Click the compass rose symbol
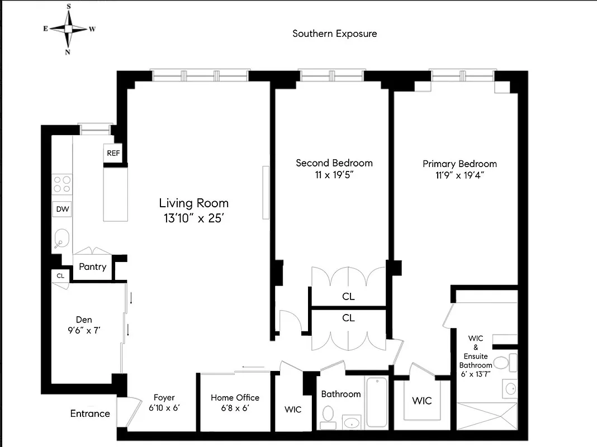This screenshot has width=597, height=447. coord(69,29)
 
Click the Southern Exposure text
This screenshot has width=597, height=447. coord(335,34)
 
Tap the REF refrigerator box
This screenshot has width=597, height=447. coord(113,153)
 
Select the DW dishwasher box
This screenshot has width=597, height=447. coord(61,210)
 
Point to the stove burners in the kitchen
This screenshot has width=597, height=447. coord(62,184)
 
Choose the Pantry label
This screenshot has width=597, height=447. coord(92,267)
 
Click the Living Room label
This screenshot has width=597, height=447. coord(193,211)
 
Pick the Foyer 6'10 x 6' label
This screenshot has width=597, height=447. coord(164,403)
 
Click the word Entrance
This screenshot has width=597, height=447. coord(90,414)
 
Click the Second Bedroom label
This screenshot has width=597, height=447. coord(334,168)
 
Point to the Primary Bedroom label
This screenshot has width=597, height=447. coord(459,169)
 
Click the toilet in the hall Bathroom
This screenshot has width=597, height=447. coord(328,415)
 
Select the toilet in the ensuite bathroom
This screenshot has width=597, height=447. coord(502,364)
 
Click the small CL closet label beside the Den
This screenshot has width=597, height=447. coord(60,275)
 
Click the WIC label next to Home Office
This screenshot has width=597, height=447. coord(293,410)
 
